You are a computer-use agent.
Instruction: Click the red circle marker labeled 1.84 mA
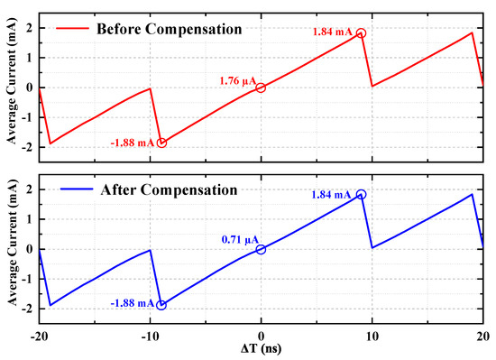(x=362, y=33)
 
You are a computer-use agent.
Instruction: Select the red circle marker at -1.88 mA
(x=161, y=143)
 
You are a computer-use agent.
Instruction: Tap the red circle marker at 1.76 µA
(x=261, y=88)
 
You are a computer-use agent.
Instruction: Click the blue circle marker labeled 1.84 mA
(x=362, y=194)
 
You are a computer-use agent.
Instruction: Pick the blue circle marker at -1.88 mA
(x=161, y=305)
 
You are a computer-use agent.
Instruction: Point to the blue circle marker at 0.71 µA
(x=261, y=249)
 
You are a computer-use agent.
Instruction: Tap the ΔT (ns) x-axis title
(x=262, y=349)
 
